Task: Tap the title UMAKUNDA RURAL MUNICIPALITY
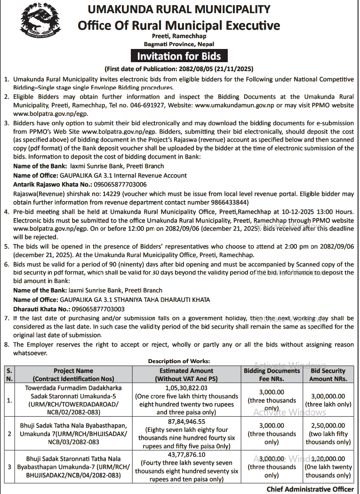point(180,9)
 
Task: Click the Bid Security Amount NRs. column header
point(328,374)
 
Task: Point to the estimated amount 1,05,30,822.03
point(186,388)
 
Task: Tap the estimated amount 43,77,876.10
point(186,454)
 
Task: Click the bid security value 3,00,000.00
point(328,396)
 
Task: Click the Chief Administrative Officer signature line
point(310,489)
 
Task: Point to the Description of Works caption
point(179,361)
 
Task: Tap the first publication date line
point(179,68)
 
